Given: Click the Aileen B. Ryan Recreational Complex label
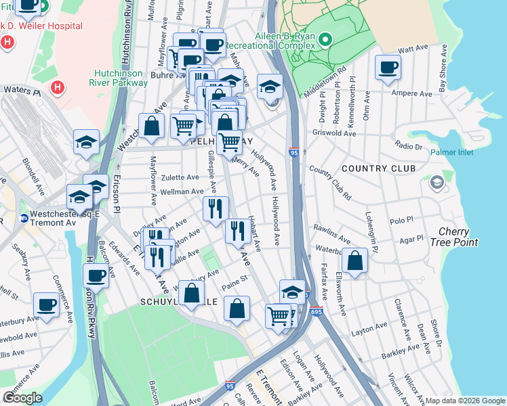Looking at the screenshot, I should [x=284, y=40].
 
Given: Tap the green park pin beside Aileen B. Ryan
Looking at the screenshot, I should [x=325, y=39].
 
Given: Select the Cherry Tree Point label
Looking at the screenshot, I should [x=458, y=237].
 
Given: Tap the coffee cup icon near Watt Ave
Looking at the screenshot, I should [x=388, y=68].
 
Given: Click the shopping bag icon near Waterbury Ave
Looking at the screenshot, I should [x=355, y=261].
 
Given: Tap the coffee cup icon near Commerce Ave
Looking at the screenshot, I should [x=47, y=305].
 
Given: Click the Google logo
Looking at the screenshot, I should [x=22, y=397].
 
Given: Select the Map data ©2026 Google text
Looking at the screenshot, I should [x=464, y=401].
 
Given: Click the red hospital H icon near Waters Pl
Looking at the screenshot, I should [x=58, y=87].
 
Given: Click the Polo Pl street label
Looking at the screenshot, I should [x=401, y=221].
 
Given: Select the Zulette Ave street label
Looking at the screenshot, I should [x=180, y=177].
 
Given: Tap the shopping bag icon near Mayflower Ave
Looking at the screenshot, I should [x=151, y=126].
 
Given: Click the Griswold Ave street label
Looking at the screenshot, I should [x=339, y=134].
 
